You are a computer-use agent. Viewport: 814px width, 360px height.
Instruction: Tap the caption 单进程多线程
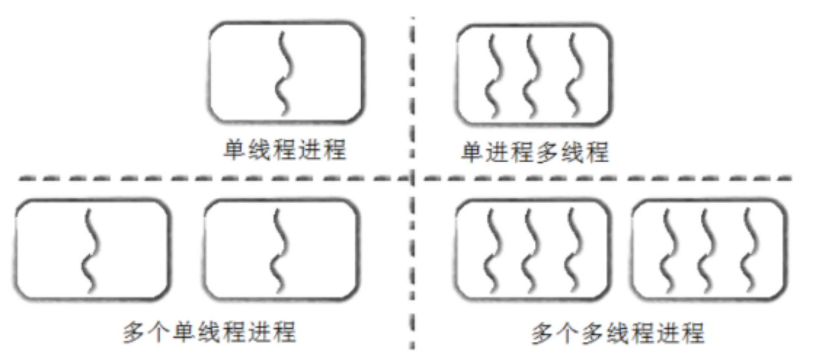[x=534, y=153]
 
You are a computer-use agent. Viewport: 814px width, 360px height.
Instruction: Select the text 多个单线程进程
[x=210, y=333]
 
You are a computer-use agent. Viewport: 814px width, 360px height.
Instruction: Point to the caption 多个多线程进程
[x=618, y=334]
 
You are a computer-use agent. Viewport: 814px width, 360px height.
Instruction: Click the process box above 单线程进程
[x=286, y=72]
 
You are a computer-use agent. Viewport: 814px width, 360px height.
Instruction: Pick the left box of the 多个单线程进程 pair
[x=92, y=249]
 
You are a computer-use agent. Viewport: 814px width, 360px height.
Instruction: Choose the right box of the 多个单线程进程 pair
[x=280, y=249]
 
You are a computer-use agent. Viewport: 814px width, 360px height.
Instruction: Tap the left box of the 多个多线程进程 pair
[x=532, y=249]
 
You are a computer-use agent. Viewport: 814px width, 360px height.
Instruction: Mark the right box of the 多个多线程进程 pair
[x=708, y=249]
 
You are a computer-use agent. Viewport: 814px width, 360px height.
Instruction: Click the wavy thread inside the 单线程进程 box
[x=282, y=72]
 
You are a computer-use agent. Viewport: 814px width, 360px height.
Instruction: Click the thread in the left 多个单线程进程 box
[x=90, y=249]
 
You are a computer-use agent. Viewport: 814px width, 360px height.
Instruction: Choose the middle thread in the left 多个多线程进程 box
[x=531, y=249]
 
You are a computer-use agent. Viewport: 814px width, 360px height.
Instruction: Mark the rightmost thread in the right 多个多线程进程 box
[x=748, y=249]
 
